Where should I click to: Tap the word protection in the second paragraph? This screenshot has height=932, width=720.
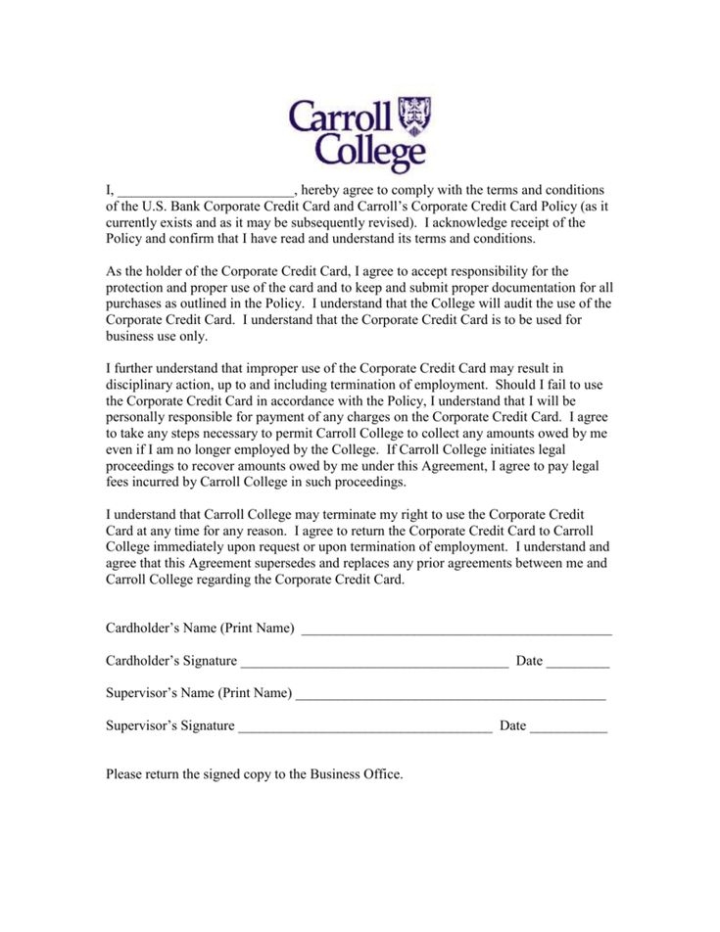click(x=136, y=287)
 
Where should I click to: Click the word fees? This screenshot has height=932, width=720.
click(x=118, y=483)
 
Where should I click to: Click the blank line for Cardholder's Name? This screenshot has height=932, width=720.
click(x=456, y=629)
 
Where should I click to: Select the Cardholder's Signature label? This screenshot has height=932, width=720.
click(x=170, y=661)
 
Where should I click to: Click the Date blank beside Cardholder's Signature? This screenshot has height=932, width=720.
click(x=578, y=662)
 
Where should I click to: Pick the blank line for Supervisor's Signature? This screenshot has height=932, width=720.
click(x=364, y=726)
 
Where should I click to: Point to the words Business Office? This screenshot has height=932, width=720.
click(x=356, y=773)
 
